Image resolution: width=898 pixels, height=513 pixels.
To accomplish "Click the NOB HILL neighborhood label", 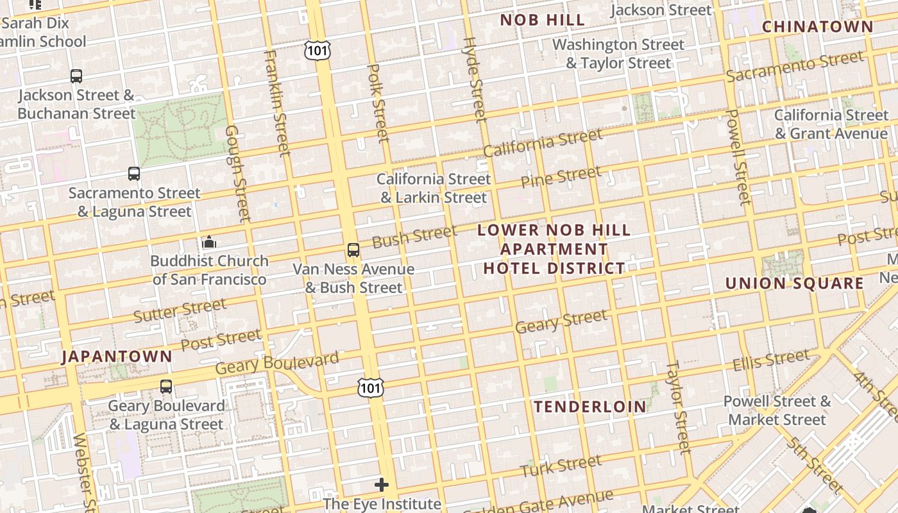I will pos(542,20).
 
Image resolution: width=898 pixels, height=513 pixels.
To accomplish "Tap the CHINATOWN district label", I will pos(817,27).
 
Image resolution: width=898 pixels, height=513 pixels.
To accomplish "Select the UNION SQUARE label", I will pos(794,283).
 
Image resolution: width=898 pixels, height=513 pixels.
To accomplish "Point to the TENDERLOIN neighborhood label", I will pos(590,407).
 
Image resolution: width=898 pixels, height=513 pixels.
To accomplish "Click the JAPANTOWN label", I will pos(117,357).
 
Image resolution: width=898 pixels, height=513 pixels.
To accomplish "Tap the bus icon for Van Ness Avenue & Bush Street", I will pos(353,250).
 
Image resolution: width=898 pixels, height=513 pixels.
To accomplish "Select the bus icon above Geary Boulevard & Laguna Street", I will pos(166,386).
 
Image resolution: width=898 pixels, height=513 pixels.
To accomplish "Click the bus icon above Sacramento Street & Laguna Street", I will pos(133,173).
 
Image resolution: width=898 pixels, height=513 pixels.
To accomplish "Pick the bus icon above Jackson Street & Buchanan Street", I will pos(76,76).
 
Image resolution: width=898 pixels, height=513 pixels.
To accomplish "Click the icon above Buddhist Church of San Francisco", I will pos(209,242).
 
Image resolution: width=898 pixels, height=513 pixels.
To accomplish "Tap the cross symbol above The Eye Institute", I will pos(382,484).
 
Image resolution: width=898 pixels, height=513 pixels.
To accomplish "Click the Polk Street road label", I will pos(377,103).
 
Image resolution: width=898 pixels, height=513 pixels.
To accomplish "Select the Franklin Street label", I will pos(277,103).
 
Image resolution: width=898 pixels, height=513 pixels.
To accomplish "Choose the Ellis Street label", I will pos(771,360).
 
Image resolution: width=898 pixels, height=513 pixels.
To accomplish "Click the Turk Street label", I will pos(561,466).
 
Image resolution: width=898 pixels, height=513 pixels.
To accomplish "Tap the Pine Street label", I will pos(561,176).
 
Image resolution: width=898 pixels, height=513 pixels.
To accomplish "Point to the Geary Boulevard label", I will pos(276,363).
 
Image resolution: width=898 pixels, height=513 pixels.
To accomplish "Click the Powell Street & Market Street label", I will pos(777,410).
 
